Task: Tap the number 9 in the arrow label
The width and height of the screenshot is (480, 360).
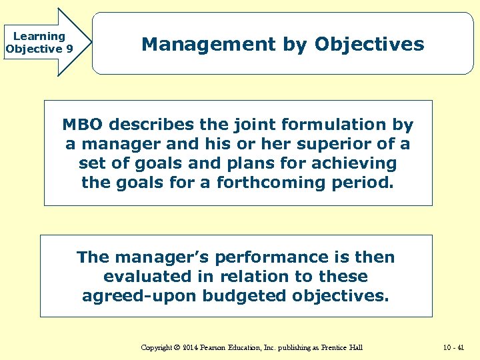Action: (x=69, y=49)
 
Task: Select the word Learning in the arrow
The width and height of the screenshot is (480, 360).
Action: (x=39, y=37)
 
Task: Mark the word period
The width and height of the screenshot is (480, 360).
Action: (x=363, y=183)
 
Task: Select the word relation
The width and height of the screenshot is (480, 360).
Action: (x=264, y=277)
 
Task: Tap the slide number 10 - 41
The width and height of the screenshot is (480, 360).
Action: (x=453, y=347)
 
